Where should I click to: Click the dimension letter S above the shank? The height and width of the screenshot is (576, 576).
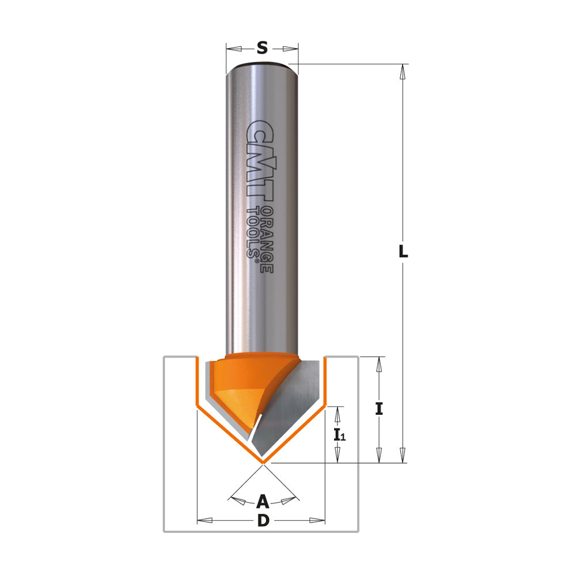click(x=262, y=48)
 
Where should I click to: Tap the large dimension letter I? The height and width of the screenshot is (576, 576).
click(x=379, y=409)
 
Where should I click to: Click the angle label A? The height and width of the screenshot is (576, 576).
click(x=262, y=501)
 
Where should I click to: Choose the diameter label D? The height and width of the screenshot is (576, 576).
click(x=263, y=521)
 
